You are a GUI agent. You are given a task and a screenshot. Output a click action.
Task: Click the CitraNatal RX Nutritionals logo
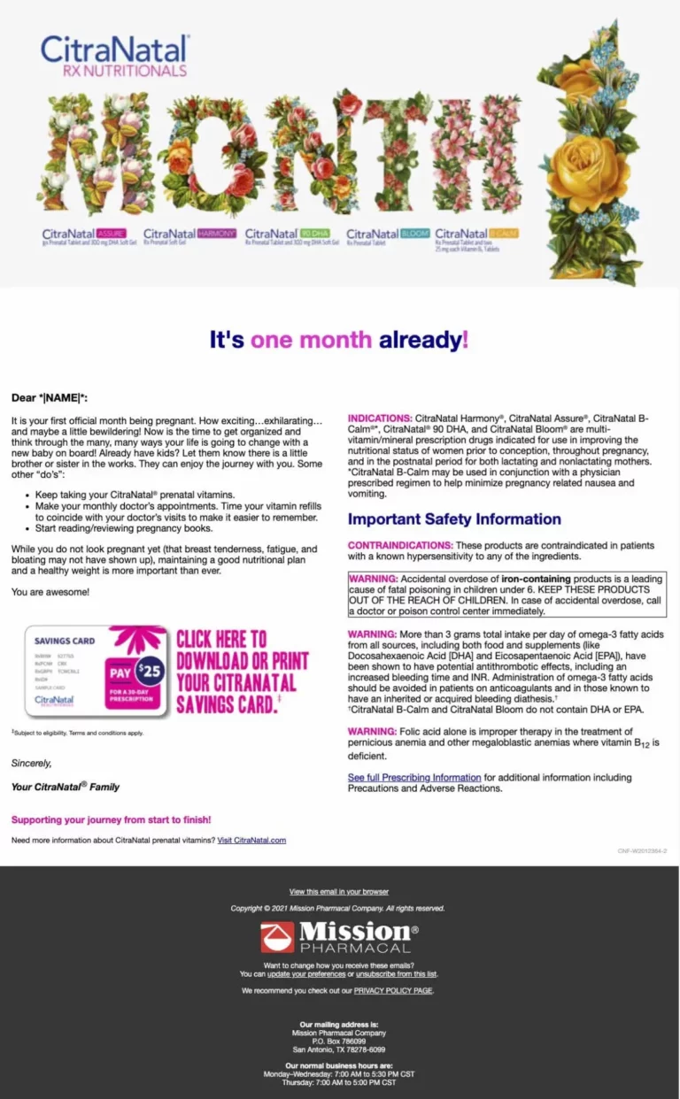pyautogui.click(x=115, y=56)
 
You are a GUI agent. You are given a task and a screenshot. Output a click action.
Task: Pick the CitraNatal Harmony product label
pyautogui.click(x=189, y=235)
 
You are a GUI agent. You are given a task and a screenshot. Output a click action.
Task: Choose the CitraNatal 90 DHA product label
pyautogui.click(x=291, y=235)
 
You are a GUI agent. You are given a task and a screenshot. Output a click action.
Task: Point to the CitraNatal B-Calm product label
pyautogui.click(x=476, y=236)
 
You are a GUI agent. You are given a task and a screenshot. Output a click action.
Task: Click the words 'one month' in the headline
pyautogui.click(x=312, y=340)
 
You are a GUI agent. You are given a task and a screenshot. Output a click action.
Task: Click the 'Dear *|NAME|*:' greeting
pyautogui.click(x=50, y=398)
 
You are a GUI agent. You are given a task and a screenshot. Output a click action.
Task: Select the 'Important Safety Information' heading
pyautogui.click(x=454, y=519)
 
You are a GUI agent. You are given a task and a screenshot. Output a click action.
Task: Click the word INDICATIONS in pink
pyautogui.click(x=379, y=418)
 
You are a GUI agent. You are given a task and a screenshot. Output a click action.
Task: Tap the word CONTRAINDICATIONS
pyautogui.click(x=399, y=545)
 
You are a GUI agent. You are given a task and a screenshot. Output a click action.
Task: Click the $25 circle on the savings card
pyautogui.click(x=150, y=671)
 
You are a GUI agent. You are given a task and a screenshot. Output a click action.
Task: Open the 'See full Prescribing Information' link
pyautogui.click(x=413, y=778)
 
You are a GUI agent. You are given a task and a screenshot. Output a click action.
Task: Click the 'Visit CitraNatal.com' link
pyautogui.click(x=251, y=840)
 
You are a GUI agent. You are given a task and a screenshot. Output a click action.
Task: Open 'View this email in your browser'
pyautogui.click(x=339, y=891)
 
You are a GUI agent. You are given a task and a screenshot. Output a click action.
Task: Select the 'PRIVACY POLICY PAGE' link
pyautogui.click(x=393, y=990)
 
